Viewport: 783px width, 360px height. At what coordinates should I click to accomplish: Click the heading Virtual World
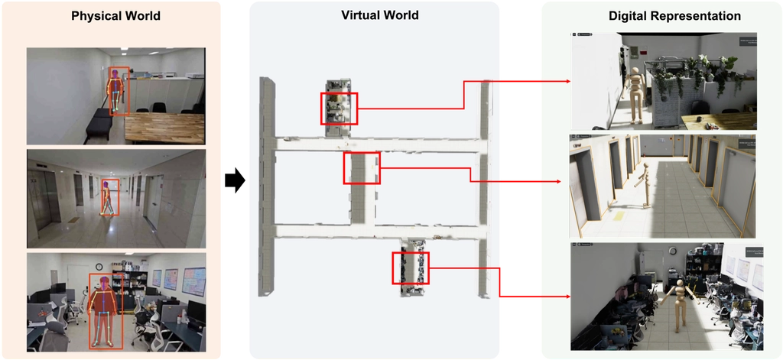pyautogui.click(x=374, y=15)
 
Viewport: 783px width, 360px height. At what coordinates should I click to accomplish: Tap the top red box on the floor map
pyautogui.click(x=339, y=109)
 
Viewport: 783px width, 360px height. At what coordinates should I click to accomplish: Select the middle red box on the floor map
pyautogui.click(x=362, y=168)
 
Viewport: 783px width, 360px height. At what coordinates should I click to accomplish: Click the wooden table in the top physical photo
pyautogui.click(x=164, y=127)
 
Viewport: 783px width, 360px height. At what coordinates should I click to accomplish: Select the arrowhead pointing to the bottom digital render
pyautogui.click(x=566, y=296)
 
